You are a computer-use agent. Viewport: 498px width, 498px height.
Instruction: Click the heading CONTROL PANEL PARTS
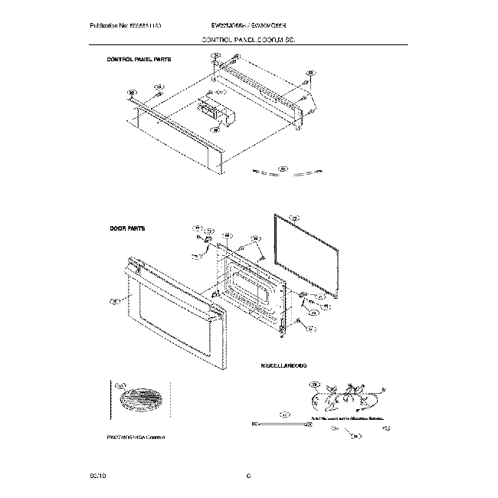click(x=139, y=58)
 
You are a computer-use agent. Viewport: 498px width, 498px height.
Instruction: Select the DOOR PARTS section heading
click(x=127, y=228)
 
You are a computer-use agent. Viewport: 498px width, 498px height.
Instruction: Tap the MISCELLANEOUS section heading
click(x=283, y=367)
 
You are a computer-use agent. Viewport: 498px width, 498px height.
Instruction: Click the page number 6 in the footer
click(x=249, y=477)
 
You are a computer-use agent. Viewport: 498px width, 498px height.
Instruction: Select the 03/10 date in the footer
click(x=97, y=477)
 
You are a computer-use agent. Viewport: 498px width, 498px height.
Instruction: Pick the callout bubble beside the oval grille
click(x=120, y=388)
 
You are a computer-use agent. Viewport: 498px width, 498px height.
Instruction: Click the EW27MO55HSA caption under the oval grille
click(x=136, y=435)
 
